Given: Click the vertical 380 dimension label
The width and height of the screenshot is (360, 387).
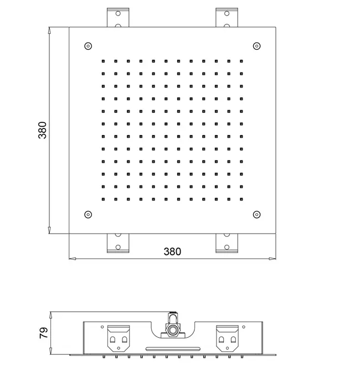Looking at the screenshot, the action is pos(42,130).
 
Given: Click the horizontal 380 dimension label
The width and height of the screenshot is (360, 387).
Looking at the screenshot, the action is pos(172,252).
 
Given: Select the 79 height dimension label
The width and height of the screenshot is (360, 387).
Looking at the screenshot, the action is pos(44,333).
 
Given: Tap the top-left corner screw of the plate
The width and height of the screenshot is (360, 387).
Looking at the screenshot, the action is pos(88,46).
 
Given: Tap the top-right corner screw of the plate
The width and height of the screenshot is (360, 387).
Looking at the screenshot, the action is pos(257,46).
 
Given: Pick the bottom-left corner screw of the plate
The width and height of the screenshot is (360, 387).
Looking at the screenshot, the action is pos(88,214).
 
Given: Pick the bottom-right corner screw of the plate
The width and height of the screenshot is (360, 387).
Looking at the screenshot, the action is pos(257,214).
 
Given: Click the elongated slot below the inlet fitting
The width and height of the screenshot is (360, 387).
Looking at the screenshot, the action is pos(173,349).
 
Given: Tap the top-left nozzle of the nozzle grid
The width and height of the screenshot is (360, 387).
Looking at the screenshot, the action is pos(103,61).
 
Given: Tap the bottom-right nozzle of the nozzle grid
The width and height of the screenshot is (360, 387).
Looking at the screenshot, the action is pos(241,199).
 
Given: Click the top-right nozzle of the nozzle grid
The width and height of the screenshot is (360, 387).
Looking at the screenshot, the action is pos(241,61).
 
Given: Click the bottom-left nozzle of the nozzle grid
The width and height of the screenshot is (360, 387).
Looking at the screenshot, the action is pos(103,199).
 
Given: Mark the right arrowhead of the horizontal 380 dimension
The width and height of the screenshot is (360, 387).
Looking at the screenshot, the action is pos(272,259).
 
